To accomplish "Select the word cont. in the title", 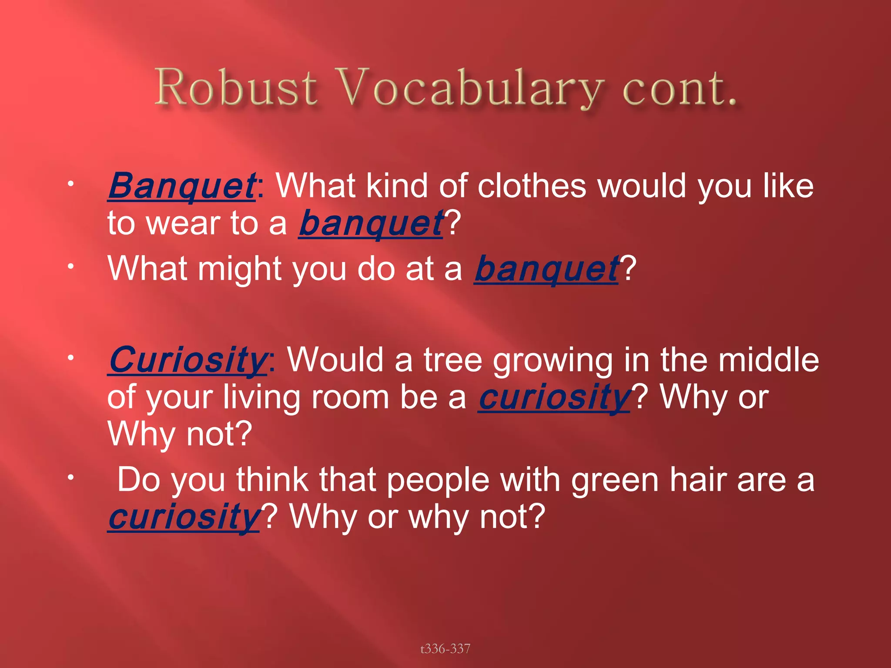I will pos(679,88).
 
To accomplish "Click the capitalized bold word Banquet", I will pos(182,186).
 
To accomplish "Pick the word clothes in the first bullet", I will pos(532,186).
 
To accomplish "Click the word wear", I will pos(183,224).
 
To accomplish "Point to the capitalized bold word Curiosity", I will pos(188,361).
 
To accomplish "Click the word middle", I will pos(768,361).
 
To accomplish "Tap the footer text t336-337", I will pos(445,649).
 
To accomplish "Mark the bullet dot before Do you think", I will pos(69,478).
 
